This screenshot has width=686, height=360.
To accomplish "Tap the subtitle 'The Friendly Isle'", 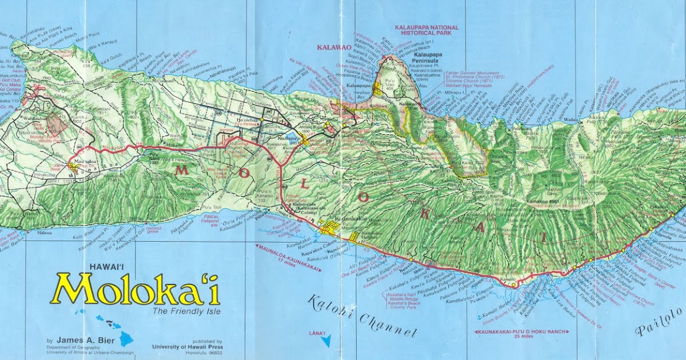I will tap(186, 311).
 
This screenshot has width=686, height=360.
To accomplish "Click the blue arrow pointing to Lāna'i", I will tap(326, 342).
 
